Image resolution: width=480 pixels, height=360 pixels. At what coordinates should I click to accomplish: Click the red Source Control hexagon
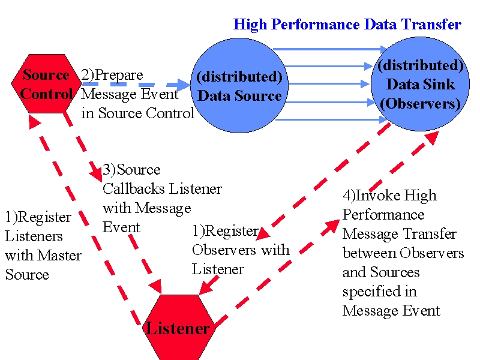click(46, 83)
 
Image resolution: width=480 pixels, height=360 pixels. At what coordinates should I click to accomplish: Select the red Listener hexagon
click(178, 327)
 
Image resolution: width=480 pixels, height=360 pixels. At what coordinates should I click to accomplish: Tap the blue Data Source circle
click(239, 85)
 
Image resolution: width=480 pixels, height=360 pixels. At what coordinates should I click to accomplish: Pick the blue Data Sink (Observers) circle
click(420, 84)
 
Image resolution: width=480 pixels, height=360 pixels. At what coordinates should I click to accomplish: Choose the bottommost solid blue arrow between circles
click(332, 119)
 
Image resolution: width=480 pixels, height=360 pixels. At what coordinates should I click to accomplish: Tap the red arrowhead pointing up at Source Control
click(34, 122)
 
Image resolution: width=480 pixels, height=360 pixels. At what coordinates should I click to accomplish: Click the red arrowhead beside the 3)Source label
click(97, 174)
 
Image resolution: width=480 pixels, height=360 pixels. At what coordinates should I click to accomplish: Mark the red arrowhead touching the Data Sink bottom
click(433, 138)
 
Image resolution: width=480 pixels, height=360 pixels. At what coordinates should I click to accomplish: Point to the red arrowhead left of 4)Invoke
click(332, 226)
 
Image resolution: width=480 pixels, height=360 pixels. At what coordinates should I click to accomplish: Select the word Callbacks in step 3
click(134, 189)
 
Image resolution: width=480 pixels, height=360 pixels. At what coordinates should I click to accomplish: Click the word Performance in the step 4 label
click(383, 215)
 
